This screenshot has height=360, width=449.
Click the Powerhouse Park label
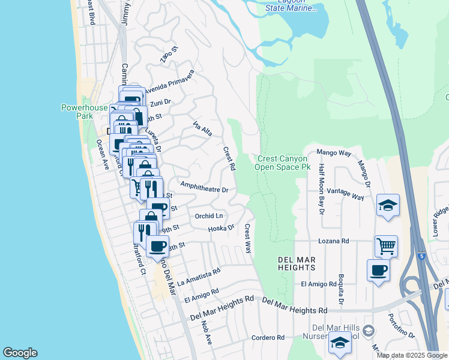pos(85,112)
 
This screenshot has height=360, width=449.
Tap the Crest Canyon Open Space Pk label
pos(283,163)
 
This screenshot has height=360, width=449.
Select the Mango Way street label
pos(333,153)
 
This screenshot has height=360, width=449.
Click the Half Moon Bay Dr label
pos(322,190)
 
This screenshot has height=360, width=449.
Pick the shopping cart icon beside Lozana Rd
pos(386,245)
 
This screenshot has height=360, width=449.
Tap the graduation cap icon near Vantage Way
pos(388,205)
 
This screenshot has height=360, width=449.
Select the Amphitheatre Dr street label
pos(204,188)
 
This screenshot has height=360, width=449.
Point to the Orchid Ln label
pos(209,215)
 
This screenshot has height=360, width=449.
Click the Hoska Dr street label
pos(220,228)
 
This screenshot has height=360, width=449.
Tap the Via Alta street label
pos(202,128)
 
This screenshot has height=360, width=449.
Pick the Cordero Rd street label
pos(268,338)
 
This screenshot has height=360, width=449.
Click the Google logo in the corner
pos(20,353)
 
